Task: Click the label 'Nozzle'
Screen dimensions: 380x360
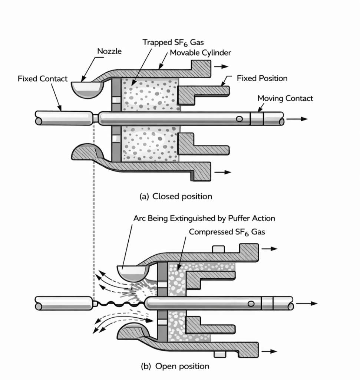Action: pyautogui.click(x=109, y=52)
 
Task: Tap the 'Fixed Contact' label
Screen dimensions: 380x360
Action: pyautogui.click(x=43, y=79)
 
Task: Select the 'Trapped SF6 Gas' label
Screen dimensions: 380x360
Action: pyautogui.click(x=173, y=42)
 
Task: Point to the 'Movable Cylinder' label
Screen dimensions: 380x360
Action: pyautogui.click(x=200, y=53)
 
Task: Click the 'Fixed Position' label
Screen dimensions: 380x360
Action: pyautogui.click(x=262, y=78)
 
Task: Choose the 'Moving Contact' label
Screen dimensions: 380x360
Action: pyautogui.click(x=285, y=98)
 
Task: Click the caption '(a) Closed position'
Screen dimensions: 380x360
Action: pyautogui.click(x=176, y=196)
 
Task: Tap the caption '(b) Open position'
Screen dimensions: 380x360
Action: pyautogui.click(x=175, y=366)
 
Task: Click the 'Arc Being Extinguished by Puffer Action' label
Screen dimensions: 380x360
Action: pyautogui.click(x=204, y=218)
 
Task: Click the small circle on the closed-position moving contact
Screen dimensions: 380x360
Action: pyautogui.click(x=240, y=119)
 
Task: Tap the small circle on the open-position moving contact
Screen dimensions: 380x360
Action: pyautogui.click(x=251, y=304)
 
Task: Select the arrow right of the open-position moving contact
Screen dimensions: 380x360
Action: pyautogui.click(x=308, y=303)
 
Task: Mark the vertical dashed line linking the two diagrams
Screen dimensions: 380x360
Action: pyautogui.click(x=94, y=208)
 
